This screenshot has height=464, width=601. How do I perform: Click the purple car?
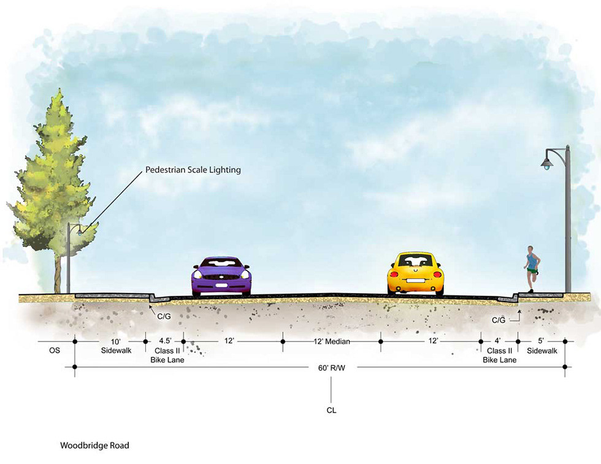pyautogui.click(x=221, y=276)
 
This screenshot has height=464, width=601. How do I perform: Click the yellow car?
pyautogui.click(x=415, y=273)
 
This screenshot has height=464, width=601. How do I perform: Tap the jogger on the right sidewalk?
pyautogui.click(x=531, y=267)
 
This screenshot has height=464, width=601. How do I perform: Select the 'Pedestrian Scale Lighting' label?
pyautogui.click(x=193, y=170)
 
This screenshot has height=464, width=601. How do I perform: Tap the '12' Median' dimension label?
pyautogui.click(x=331, y=341)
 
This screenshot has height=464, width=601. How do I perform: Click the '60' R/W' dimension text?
pyautogui.click(x=332, y=368)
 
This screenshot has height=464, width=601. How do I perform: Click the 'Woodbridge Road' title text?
pyautogui.click(x=94, y=446)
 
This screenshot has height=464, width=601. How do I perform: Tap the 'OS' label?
pyautogui.click(x=55, y=351)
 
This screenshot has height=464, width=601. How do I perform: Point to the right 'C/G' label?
pyautogui.click(x=498, y=320)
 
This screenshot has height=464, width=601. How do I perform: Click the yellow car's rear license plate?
pyautogui.click(x=415, y=283)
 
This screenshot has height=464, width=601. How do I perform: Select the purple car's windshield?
pyautogui.click(x=221, y=263)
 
